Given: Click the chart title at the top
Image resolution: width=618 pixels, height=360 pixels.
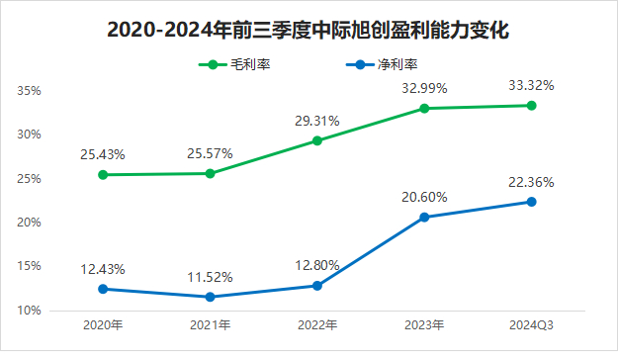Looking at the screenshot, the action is pyautogui.click(x=308, y=30).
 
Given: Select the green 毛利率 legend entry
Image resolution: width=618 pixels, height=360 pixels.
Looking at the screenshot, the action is pyautogui.click(x=234, y=64).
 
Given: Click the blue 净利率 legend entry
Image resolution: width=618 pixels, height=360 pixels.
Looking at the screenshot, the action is pyautogui.click(x=382, y=64).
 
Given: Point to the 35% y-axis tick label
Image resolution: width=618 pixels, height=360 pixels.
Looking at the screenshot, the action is pyautogui.click(x=29, y=91).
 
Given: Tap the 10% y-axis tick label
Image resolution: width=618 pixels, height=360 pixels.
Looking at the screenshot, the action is pyautogui.click(x=29, y=311).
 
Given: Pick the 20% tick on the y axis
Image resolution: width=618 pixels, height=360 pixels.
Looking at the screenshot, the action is pyautogui.click(x=29, y=223).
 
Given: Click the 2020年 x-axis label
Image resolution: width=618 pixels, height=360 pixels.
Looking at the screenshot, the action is pyautogui.click(x=103, y=325).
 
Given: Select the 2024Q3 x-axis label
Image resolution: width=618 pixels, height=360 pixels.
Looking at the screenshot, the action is pyautogui.click(x=531, y=325).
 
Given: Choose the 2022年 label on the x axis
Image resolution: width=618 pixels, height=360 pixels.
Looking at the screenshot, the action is pyautogui.click(x=317, y=325).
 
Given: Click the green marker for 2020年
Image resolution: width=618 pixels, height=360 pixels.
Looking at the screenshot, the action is pyautogui.click(x=103, y=175).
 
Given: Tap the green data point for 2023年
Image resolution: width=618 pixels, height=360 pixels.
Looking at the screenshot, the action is pyautogui.click(x=424, y=109).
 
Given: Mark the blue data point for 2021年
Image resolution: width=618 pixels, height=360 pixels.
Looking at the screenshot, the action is pyautogui.click(x=210, y=297).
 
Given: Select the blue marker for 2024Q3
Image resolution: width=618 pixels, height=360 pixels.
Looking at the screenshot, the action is pyautogui.click(x=531, y=202).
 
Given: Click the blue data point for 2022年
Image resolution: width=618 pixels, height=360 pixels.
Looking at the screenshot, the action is pyautogui.click(x=317, y=286).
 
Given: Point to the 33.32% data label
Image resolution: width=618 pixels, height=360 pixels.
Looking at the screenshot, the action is pyautogui.click(x=531, y=85).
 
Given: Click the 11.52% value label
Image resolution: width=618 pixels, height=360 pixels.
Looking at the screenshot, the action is pyautogui.click(x=210, y=278).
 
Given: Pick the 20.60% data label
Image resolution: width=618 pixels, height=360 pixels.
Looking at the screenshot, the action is pyautogui.click(x=424, y=197).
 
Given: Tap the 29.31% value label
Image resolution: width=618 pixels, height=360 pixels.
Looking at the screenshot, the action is pyautogui.click(x=317, y=121).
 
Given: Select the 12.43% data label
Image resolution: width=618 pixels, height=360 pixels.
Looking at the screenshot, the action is pyautogui.click(x=103, y=269).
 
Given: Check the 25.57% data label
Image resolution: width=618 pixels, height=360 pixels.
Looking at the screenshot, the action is pyautogui.click(x=210, y=153).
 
